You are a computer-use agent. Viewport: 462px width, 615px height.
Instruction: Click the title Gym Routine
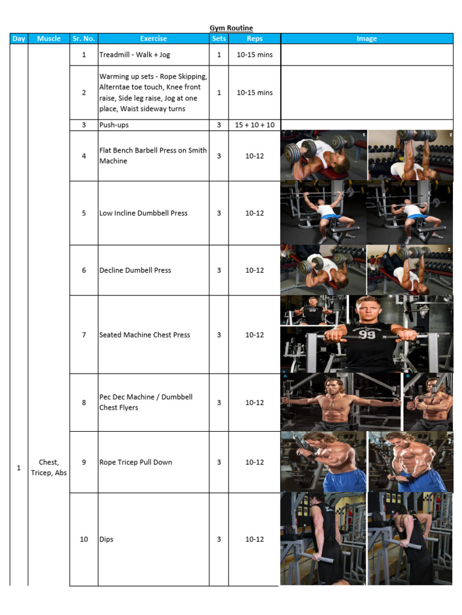pos(231,28)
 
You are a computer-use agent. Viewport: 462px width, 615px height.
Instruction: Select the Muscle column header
pos(49,38)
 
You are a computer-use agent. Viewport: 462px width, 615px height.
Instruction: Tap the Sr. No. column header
pos(84,38)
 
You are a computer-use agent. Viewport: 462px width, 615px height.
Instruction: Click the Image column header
pos(367,38)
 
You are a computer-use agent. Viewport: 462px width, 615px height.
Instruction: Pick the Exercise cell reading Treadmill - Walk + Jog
pos(153,55)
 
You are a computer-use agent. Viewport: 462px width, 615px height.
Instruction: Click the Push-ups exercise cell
pos(153,125)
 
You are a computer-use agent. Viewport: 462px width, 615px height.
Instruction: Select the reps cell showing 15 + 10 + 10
pos(254,125)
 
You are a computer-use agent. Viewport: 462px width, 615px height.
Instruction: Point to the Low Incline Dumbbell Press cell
pos(153,213)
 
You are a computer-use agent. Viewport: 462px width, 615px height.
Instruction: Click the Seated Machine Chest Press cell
pos(153,335)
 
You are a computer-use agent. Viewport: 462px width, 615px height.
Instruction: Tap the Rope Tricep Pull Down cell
pos(153,462)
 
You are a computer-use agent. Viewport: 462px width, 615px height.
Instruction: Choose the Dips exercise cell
pos(153,539)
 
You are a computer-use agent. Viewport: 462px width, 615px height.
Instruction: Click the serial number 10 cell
pos(84,539)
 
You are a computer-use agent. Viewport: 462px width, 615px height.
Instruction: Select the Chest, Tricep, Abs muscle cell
pos(49,467)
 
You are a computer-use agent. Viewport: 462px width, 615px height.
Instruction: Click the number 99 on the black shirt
pos(366,334)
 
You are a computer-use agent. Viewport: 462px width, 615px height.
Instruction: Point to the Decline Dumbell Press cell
pos(153,270)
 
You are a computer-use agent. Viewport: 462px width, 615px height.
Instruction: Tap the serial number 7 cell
pos(84,335)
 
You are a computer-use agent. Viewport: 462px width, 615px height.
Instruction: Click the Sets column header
pos(219,38)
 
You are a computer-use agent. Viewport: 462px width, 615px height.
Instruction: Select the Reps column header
pos(254,38)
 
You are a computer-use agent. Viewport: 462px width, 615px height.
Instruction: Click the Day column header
pos(19,38)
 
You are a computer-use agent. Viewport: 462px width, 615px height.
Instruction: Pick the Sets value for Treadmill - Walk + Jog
pos(219,55)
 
